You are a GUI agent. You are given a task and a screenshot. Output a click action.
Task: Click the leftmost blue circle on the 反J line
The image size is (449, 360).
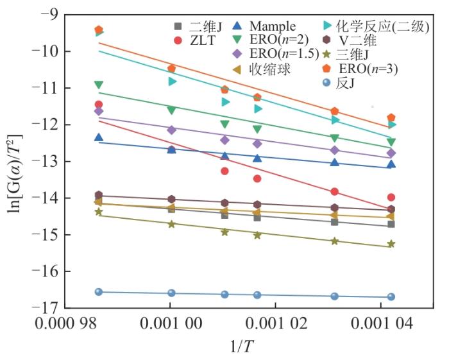point(99,291)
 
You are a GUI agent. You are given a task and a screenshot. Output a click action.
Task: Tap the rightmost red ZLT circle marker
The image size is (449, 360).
point(391,197)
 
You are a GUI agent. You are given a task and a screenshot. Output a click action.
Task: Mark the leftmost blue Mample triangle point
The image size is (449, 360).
point(99,137)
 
